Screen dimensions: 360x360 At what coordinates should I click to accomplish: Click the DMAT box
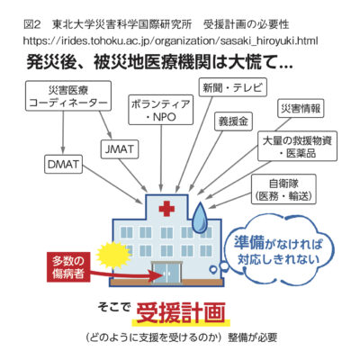point(63,164)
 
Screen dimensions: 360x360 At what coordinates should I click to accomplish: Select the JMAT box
point(120,148)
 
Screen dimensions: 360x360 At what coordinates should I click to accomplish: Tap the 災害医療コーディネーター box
point(68,95)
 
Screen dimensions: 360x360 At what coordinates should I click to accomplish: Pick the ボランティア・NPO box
point(161,110)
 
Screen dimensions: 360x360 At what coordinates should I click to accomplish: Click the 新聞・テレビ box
point(233,87)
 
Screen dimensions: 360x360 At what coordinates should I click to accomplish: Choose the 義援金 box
point(233,121)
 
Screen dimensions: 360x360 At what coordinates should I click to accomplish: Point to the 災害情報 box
point(301,108)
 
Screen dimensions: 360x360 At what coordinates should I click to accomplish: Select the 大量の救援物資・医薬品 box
point(297,146)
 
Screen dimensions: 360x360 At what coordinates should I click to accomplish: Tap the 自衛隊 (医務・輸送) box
point(283,189)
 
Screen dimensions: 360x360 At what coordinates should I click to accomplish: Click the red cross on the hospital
point(166,209)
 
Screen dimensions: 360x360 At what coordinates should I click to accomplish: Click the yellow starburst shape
point(113,256)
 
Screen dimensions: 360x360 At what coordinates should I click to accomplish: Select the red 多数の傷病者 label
point(68,267)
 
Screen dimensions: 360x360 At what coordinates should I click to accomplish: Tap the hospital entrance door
point(166,273)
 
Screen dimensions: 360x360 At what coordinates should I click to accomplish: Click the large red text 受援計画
point(181,312)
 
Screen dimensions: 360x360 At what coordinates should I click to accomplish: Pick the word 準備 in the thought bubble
point(249,243)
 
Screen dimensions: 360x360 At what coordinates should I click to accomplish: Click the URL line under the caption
point(170,40)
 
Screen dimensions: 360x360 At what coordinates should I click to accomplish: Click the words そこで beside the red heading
point(114,307)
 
